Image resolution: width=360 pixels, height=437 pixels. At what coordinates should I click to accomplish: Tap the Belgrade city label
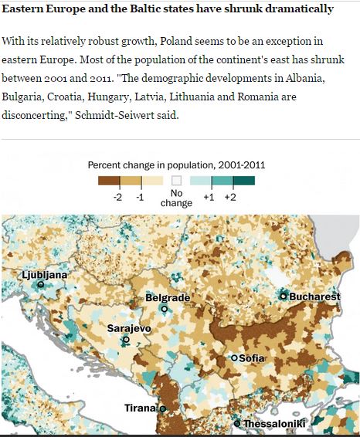168,298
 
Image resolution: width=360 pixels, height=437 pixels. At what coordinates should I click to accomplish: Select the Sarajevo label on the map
128,328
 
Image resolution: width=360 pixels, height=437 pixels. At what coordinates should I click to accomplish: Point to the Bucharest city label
314,296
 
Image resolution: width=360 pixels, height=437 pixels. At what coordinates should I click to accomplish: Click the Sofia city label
253,358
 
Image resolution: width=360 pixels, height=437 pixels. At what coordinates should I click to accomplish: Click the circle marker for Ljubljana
40,284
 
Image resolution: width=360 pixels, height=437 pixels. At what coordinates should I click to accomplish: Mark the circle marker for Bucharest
284,296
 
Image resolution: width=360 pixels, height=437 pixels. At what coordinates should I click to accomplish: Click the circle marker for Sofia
235,358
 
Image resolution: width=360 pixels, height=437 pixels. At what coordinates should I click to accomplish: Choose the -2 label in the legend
118,198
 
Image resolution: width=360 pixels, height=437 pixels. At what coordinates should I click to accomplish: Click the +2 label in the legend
230,198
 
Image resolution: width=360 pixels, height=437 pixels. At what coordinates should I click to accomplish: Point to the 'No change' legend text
176,198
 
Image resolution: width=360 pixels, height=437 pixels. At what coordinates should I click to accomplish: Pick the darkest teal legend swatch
243,181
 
